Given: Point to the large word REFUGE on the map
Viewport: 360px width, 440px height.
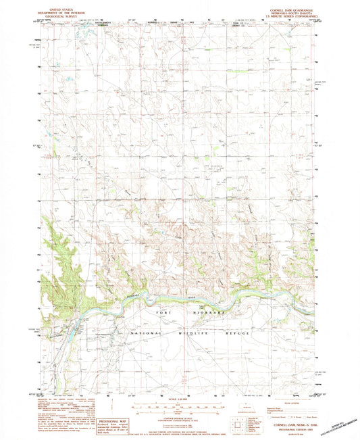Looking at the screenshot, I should coord(236,333).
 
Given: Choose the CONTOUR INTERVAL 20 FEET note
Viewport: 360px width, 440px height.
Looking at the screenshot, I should coord(180,417).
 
